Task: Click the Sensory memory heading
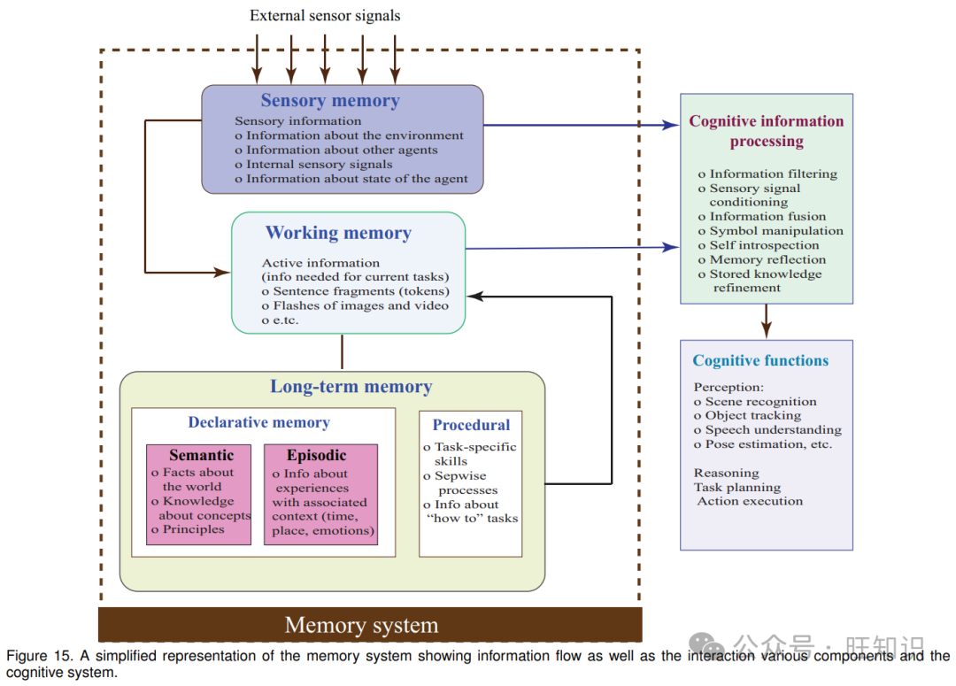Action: [x=329, y=101]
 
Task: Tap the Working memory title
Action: [x=338, y=234]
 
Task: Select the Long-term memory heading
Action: [x=351, y=387]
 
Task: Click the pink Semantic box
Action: [x=199, y=494]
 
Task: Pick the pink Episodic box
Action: [x=320, y=494]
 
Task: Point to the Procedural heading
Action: [x=471, y=425]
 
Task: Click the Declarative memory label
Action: [x=258, y=423]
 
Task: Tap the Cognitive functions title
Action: [x=760, y=361]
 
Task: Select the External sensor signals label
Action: [x=325, y=15]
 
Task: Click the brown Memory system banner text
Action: [x=361, y=626]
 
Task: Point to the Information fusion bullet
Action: [x=767, y=217]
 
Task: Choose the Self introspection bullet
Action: [x=764, y=245]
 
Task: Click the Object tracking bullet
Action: [x=752, y=415]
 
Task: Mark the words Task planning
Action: [x=736, y=487]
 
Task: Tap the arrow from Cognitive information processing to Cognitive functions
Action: [x=767, y=320]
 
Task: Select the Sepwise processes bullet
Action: [x=466, y=482]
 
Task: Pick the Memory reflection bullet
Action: [x=767, y=259]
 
